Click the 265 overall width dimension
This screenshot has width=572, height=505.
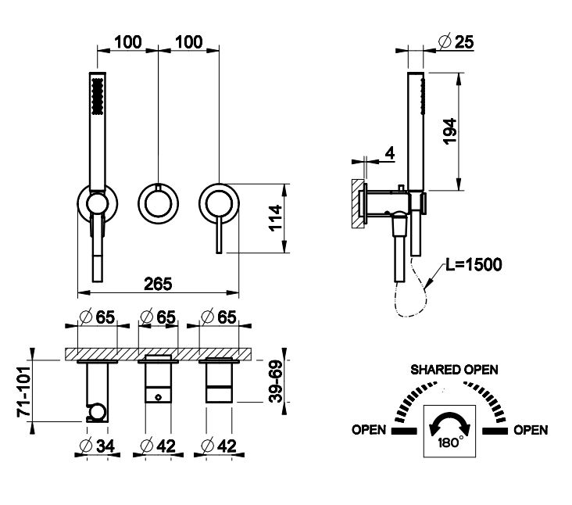click(158, 284)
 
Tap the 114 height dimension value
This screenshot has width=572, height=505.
click(276, 218)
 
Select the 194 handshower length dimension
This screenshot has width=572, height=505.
click(450, 131)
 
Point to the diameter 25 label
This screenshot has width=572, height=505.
click(456, 41)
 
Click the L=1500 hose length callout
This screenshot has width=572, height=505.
click(474, 264)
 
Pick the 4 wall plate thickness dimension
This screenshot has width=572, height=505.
click(390, 153)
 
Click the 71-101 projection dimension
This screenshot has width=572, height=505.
click(24, 392)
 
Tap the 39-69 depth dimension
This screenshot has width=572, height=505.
click(276, 381)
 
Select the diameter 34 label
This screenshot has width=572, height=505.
click(98, 446)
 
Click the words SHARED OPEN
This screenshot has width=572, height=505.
click(454, 370)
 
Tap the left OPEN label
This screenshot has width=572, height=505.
click(369, 430)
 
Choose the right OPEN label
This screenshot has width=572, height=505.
click(531, 430)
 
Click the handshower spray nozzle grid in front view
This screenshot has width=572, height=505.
click(98, 96)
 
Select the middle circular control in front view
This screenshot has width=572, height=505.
click(158, 203)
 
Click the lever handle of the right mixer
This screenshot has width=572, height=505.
click(219, 234)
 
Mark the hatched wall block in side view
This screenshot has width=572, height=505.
click(358, 203)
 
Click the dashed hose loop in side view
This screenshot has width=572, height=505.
click(412, 288)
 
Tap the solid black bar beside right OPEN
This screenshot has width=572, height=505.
click(495, 431)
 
